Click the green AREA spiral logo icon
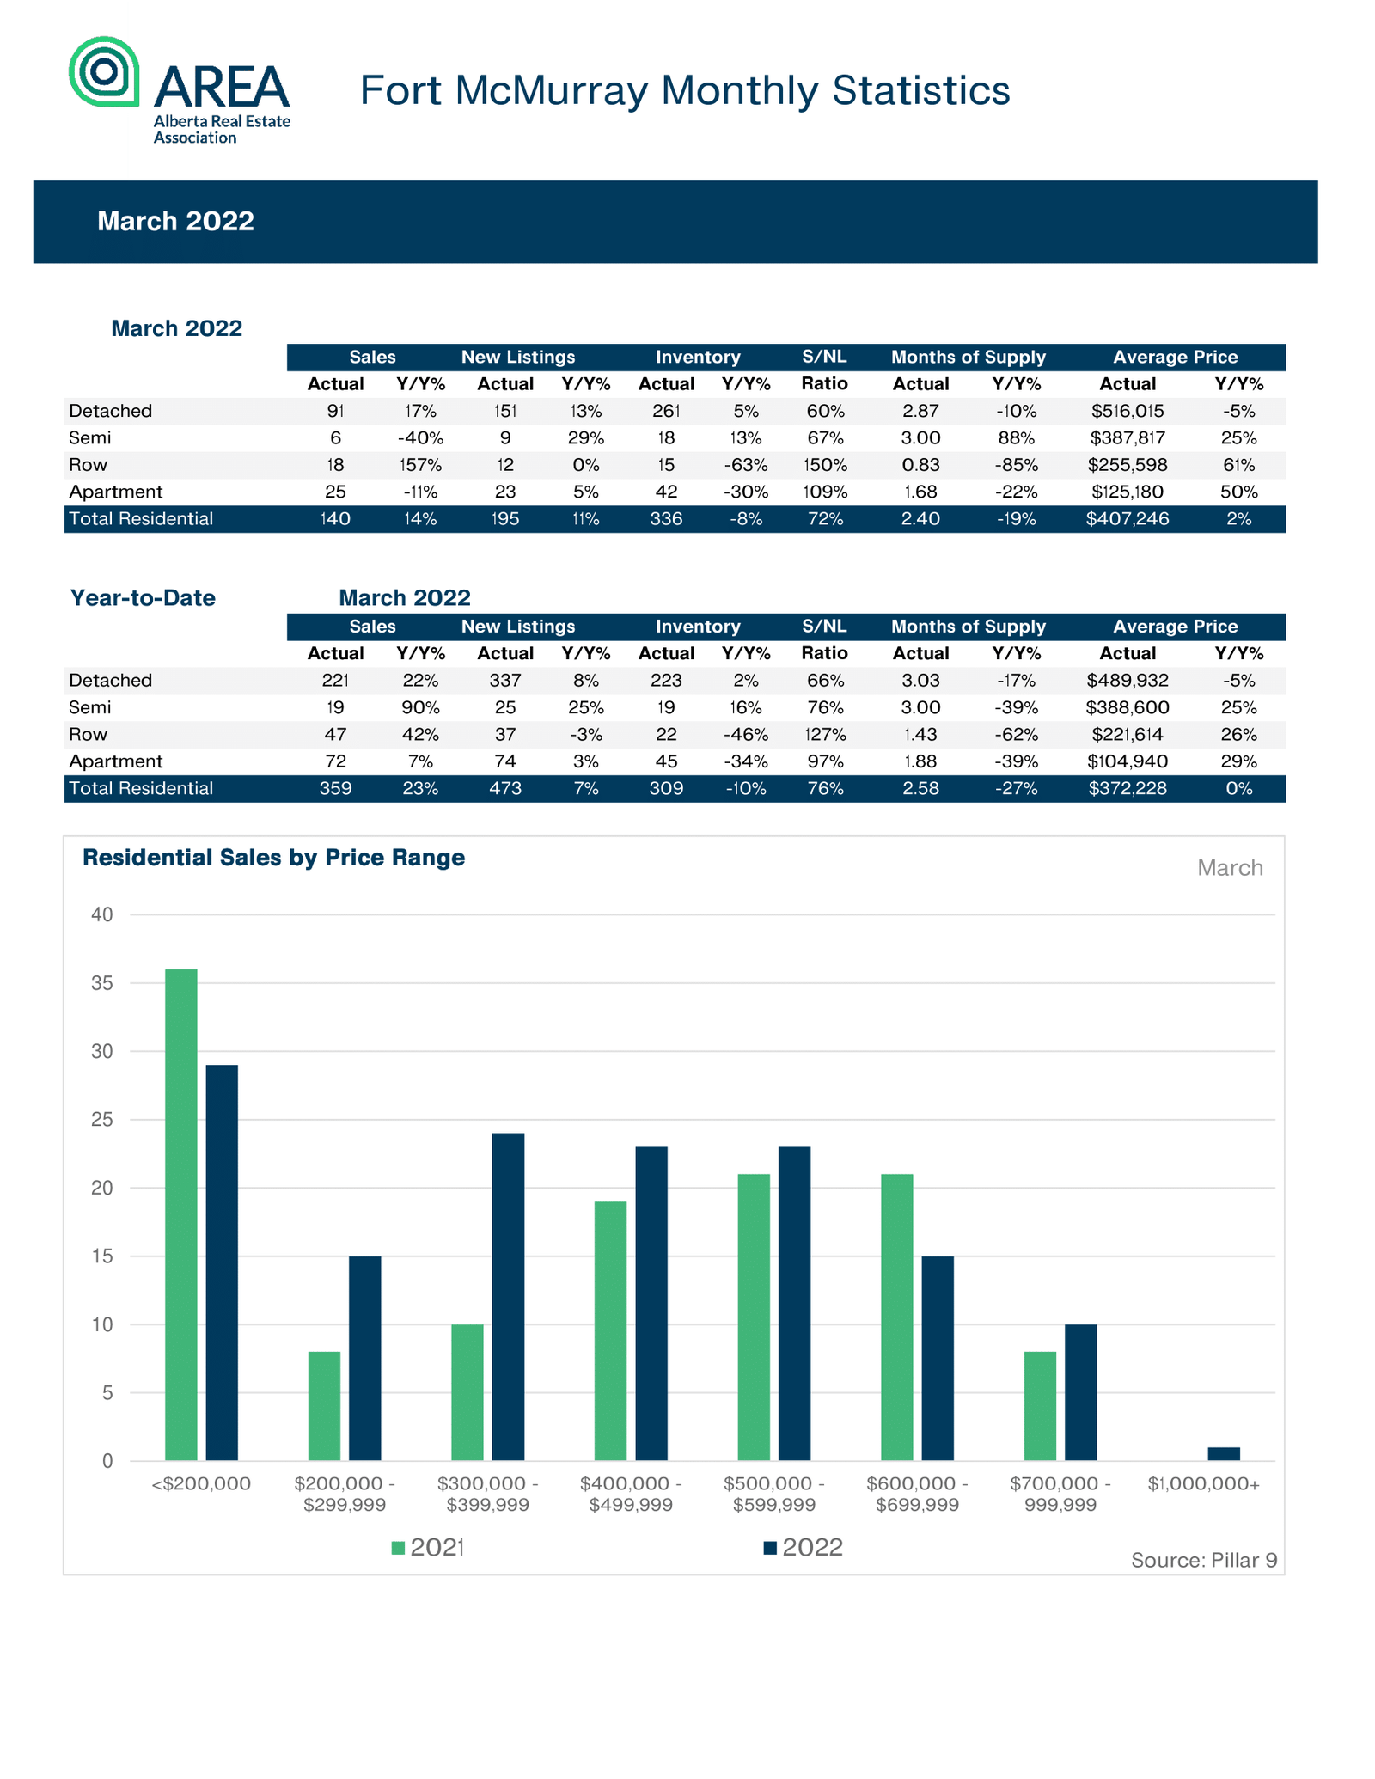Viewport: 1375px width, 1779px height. click(104, 71)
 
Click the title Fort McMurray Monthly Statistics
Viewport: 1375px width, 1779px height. click(684, 90)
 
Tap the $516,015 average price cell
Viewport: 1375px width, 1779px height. click(1127, 411)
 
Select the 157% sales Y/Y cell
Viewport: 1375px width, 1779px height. click(420, 465)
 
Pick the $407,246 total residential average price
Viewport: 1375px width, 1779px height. click(1127, 519)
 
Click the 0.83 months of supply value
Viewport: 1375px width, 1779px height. click(920, 465)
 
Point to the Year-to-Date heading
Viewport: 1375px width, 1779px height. click(143, 597)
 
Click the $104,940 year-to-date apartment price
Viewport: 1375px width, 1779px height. click(1127, 761)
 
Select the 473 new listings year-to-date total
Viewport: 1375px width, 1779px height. click(505, 788)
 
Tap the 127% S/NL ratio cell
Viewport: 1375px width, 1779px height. click(825, 735)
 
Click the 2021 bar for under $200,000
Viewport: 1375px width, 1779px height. click(181, 1214)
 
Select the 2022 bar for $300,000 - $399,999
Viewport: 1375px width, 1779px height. click(508, 1297)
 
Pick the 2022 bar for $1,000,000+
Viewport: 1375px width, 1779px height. click(1224, 1453)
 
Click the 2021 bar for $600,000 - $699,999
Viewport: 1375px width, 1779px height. click(897, 1317)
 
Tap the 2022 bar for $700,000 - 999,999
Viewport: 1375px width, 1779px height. click(1081, 1392)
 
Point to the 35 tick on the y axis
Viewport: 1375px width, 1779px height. click(102, 983)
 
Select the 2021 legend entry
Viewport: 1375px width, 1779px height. click(428, 1548)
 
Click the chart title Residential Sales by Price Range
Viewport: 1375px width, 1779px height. click(273, 858)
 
